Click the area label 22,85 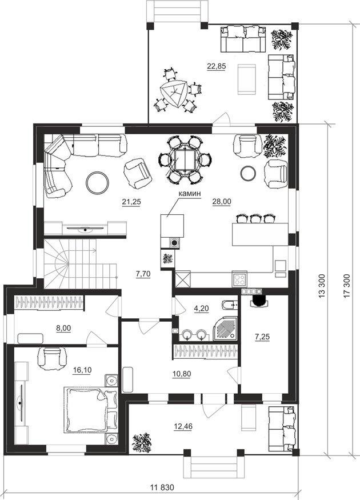pos(216,66)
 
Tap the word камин pos(189,194)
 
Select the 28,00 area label pos(222,202)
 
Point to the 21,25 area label pos(131,202)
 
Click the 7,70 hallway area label pos(143,274)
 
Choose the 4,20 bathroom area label pos(202,309)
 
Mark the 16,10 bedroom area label pos(82,370)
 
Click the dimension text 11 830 pos(162,487)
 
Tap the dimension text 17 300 pos(347,286)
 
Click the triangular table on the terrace pos(174,93)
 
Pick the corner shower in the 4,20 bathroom pos(226,329)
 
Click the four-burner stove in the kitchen pos(239,279)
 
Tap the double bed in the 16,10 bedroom pos(91,410)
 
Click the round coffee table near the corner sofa pos(98,183)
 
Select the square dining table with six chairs pos(185,159)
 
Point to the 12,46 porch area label pos(183,426)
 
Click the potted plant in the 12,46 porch pos(142,442)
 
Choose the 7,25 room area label pos(262,337)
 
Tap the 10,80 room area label pos(182,374)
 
